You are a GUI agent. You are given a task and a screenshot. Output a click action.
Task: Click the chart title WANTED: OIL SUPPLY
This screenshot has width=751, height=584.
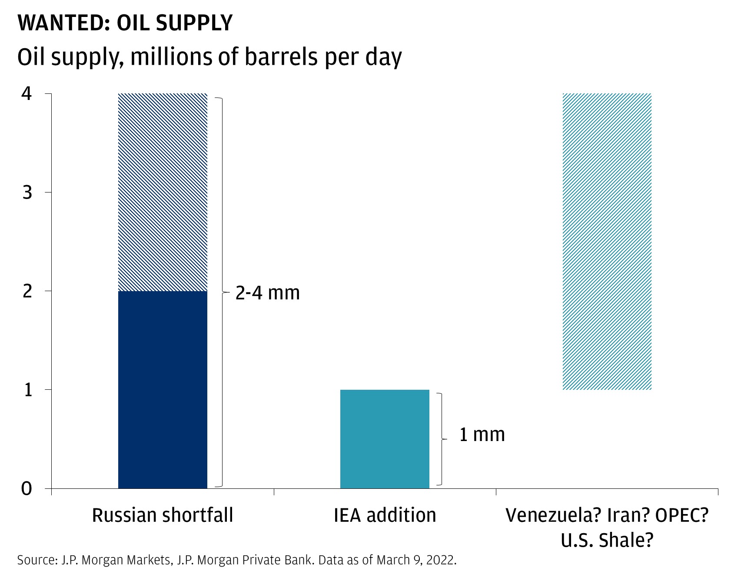(x=125, y=23)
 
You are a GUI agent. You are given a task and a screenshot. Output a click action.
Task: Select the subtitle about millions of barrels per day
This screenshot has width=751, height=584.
(x=209, y=57)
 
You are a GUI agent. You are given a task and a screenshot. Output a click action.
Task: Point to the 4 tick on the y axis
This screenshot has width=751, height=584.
(x=27, y=93)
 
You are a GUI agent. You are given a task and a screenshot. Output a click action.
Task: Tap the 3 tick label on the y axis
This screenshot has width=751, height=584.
(x=27, y=192)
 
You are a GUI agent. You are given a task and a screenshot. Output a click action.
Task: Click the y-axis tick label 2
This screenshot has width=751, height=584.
(x=27, y=291)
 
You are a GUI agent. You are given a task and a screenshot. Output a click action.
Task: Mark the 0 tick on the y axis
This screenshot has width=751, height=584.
(x=27, y=488)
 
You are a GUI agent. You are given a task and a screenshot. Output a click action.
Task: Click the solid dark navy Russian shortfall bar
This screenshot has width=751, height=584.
(x=163, y=389)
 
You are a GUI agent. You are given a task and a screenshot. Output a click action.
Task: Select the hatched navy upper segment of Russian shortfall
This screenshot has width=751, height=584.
(x=163, y=192)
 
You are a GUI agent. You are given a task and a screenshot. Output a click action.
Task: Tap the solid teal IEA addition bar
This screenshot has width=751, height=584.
(x=385, y=439)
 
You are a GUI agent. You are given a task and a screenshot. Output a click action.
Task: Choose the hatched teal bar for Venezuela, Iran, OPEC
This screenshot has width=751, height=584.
(x=607, y=242)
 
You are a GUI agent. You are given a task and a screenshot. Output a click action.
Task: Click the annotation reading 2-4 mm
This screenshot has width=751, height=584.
(x=268, y=293)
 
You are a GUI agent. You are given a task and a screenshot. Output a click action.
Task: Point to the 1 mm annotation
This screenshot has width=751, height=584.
(x=482, y=435)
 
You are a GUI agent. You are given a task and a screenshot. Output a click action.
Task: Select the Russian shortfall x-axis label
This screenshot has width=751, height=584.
(x=163, y=515)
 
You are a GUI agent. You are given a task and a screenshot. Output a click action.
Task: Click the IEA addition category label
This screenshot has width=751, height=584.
(x=385, y=515)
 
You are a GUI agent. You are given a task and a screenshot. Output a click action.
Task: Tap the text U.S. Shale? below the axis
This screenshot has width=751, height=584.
(x=607, y=541)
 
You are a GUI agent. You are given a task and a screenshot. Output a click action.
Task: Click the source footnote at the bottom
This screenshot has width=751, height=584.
(x=237, y=560)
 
